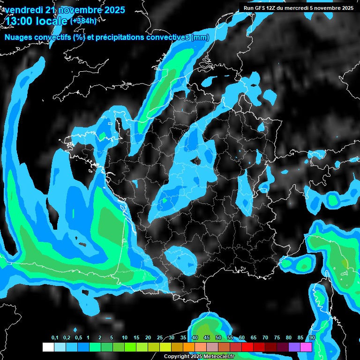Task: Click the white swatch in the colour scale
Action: (48, 347)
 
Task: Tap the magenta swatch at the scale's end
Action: (306, 347)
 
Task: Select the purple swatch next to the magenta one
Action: (294, 347)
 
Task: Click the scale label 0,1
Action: (55, 338)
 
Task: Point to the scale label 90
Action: (312, 338)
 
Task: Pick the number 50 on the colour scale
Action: (218, 338)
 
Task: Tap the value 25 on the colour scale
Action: (160, 338)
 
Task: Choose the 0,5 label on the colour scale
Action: (78, 338)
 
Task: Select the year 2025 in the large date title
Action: (112, 10)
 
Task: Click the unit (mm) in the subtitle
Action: (201, 37)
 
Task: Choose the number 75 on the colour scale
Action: (277, 338)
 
